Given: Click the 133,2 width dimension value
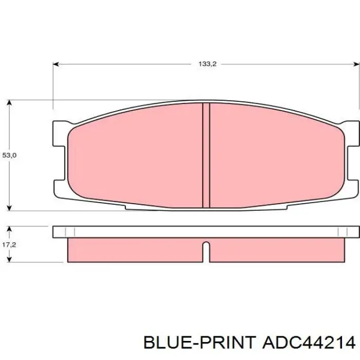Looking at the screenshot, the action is click(x=207, y=64).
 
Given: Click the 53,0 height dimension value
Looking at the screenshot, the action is click(x=9, y=155).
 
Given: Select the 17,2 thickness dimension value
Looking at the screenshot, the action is click(x=9, y=245).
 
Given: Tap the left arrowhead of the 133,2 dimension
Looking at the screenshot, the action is click(x=56, y=64).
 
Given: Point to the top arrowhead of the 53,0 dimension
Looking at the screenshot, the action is click(x=9, y=103).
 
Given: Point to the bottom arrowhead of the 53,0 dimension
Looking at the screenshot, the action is click(x=9, y=208).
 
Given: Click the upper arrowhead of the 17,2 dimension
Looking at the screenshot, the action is click(x=9, y=229).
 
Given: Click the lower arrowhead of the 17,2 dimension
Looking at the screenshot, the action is click(x=9, y=259).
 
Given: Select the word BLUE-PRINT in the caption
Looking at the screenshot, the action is click(x=200, y=343).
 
